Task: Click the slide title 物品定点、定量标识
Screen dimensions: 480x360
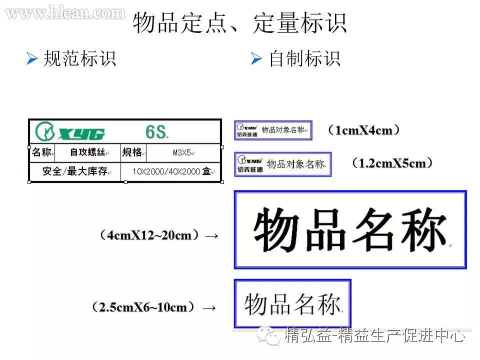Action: (x=239, y=24)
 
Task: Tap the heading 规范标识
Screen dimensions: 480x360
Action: (x=80, y=59)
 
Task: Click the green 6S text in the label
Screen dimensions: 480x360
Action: (x=155, y=132)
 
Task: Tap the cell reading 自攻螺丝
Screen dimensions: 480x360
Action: (x=87, y=152)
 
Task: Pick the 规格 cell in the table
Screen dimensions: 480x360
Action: (x=135, y=152)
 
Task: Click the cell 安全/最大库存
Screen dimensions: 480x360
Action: (x=74, y=171)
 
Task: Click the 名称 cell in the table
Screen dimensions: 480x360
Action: (x=42, y=152)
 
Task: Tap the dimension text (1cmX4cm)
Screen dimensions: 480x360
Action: (x=363, y=130)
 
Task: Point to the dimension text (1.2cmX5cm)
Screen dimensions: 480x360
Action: (x=391, y=163)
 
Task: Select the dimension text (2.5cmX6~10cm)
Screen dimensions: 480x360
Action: (x=143, y=307)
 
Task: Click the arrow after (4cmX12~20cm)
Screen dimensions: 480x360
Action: (x=212, y=235)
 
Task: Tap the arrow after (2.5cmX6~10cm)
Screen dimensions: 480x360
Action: (x=209, y=307)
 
